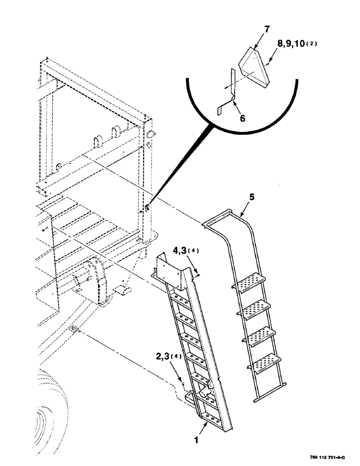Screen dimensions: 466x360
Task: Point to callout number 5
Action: click(251, 197)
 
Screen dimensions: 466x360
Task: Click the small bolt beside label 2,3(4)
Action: click(184, 383)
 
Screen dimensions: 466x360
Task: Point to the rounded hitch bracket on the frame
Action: click(93, 280)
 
